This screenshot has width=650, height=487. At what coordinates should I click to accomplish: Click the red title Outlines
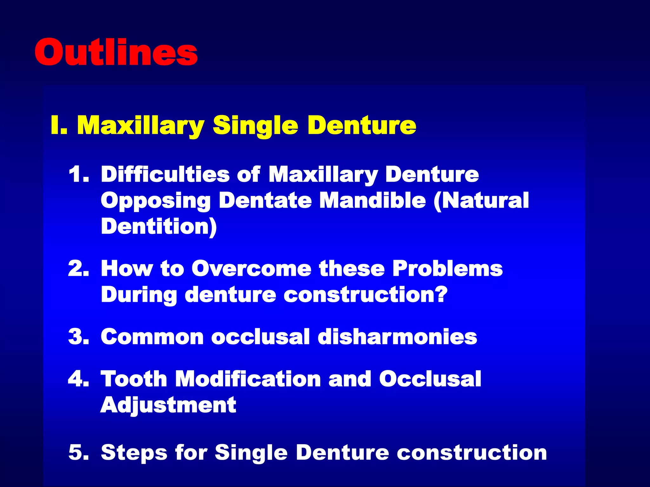click(116, 52)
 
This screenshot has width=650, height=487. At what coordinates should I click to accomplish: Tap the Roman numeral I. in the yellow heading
click(59, 126)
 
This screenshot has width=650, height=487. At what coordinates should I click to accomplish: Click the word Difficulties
click(165, 174)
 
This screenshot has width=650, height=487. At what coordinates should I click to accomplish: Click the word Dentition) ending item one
click(159, 226)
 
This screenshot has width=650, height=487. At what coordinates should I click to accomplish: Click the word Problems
click(448, 269)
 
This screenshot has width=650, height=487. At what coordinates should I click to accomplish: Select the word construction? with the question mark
click(365, 295)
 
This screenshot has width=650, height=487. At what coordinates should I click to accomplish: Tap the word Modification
click(248, 379)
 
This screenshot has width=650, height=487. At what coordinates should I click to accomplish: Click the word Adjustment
click(168, 406)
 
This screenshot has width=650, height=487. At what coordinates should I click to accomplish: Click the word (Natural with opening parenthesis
click(481, 200)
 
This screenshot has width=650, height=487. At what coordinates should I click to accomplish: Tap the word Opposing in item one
click(156, 201)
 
